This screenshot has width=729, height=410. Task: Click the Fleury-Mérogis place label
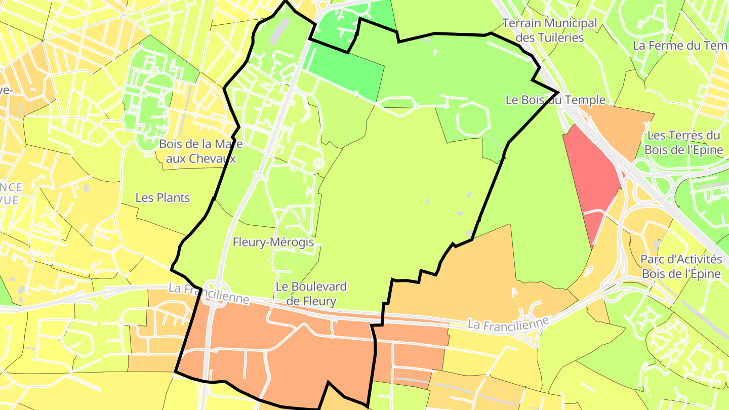273,242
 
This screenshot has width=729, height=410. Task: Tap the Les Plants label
163,198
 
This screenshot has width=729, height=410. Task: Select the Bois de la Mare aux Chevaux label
201,151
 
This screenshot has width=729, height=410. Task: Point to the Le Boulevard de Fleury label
311,294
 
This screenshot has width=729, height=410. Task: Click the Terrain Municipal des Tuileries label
549,30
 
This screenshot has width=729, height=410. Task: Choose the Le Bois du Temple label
555,100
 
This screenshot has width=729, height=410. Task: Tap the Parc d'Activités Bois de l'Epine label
681,267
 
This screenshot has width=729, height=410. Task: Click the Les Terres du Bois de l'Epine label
683,143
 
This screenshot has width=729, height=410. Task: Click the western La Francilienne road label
209,294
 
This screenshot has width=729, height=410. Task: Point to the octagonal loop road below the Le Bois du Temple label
473,119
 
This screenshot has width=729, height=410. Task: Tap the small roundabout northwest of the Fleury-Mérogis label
258,176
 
